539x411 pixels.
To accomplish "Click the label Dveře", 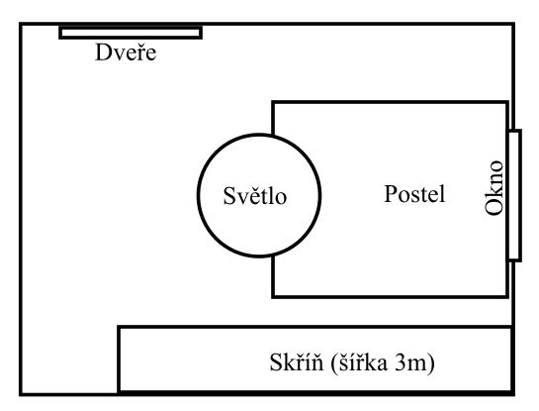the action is pos(126,51).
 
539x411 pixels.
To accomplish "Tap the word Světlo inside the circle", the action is pos(255,195).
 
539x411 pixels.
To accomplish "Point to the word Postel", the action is pos(414,193).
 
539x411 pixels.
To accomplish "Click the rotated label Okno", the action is pos(494,188).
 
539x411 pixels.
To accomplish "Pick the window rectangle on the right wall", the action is pos(514,195).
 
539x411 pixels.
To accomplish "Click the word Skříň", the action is pos(297,361).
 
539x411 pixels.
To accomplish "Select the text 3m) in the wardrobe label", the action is pos(415,362).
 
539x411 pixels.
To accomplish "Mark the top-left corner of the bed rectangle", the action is pos(273,102).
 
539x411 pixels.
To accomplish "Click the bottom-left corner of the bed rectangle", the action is pos(273,296).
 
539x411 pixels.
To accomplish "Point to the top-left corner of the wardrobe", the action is pos(119,327).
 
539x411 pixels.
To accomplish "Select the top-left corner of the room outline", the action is pos(21,24).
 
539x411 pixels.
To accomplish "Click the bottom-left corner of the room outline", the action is pos(21,394).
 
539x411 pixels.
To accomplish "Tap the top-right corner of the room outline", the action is pos(513,24).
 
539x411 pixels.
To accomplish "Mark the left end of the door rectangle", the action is pos(60,33).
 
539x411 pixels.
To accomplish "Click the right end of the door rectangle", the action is pos(201,33).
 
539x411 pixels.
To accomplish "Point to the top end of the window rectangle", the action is pos(514,131).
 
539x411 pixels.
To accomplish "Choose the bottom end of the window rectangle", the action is pos(514,260).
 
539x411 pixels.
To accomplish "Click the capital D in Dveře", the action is pos(102,52).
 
